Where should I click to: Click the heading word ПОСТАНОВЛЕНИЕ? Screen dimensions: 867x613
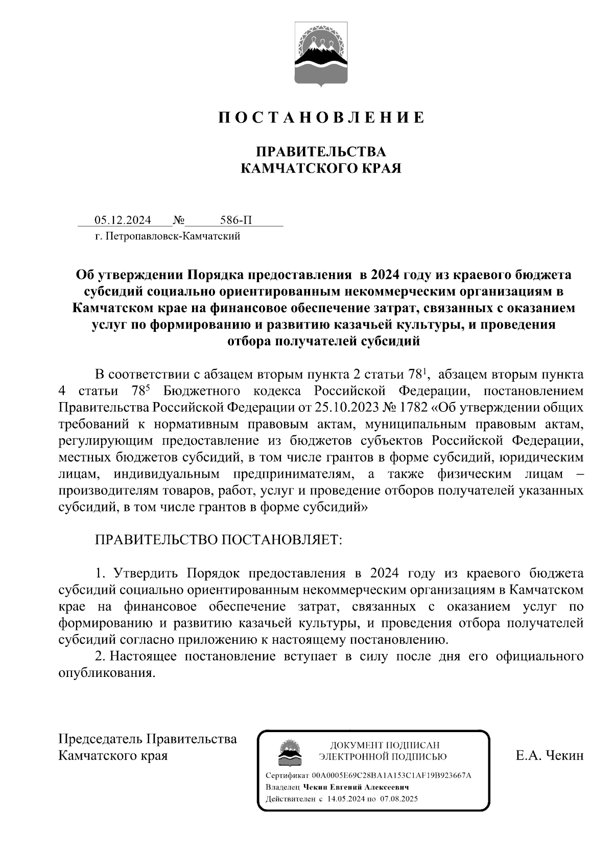(322, 118)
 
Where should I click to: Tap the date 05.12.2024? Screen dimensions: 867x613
(123, 220)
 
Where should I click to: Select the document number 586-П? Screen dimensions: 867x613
(236, 220)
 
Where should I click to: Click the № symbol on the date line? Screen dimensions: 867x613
(179, 221)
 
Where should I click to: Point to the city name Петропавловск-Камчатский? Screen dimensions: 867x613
(172, 236)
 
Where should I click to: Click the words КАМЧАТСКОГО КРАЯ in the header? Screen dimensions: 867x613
(321, 169)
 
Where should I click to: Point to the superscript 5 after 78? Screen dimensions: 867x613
(148, 387)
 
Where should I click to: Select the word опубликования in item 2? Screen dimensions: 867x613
(106, 673)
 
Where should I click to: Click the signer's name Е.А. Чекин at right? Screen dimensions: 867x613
(549, 756)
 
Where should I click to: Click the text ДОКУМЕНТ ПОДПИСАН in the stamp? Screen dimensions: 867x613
(385, 745)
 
